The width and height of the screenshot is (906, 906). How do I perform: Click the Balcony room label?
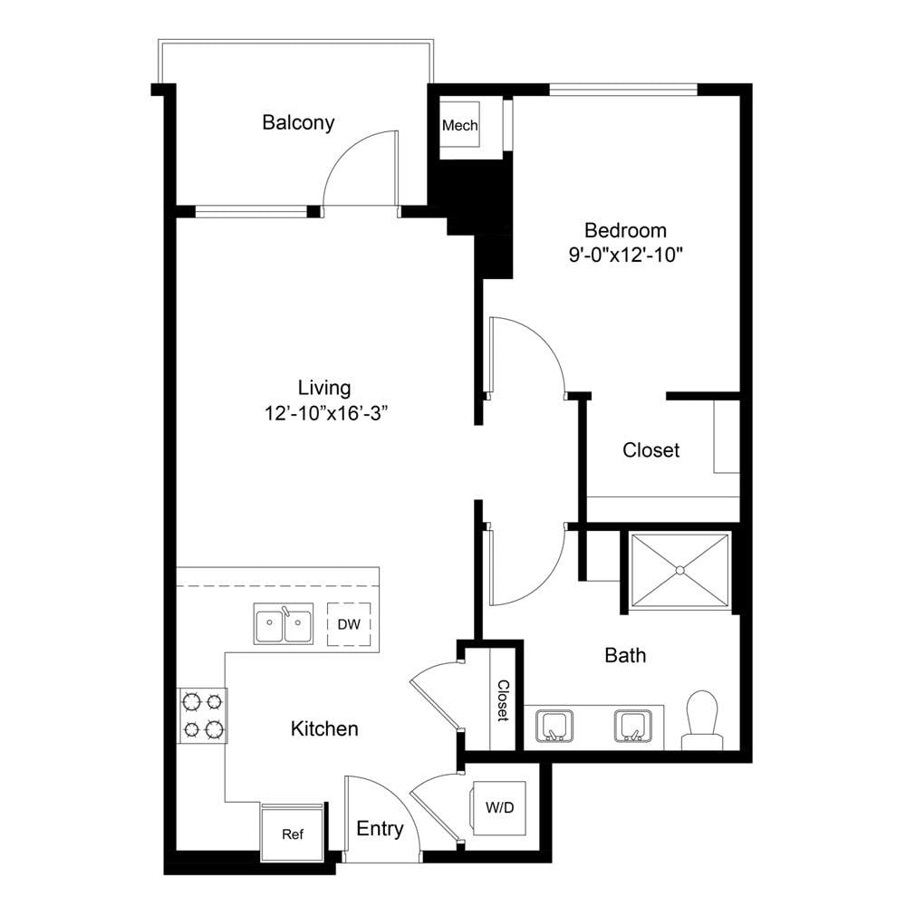(298, 123)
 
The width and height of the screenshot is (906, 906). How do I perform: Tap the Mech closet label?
(460, 125)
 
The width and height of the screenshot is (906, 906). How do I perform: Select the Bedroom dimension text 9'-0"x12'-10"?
(626, 255)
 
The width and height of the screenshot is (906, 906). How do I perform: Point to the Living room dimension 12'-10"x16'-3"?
(325, 413)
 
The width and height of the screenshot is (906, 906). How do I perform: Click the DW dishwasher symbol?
(349, 624)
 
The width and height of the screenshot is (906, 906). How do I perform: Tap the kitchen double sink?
(284, 624)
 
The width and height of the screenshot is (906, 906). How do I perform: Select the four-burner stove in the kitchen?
(202, 716)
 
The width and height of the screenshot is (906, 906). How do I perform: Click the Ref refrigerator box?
(293, 834)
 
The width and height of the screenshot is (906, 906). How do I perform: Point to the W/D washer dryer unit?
(500, 808)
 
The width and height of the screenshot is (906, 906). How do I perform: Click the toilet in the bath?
(703, 720)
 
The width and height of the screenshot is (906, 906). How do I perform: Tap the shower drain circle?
(680, 570)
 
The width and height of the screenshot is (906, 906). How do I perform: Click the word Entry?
(380, 829)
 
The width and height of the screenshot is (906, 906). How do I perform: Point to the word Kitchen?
(324, 728)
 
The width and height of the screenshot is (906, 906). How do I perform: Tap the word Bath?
(625, 655)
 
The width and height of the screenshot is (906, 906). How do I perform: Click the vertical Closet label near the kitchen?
(503, 700)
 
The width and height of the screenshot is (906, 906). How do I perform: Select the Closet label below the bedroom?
(651, 450)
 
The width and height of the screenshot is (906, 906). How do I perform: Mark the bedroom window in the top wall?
(623, 90)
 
